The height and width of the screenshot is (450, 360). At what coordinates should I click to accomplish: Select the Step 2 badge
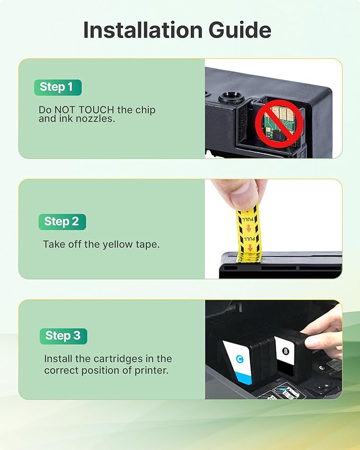point(62,222)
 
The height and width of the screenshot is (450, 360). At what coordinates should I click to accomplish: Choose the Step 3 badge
point(63,336)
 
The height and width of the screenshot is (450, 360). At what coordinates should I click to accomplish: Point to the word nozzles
point(98,119)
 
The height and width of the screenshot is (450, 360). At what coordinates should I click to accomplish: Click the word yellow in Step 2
point(108,244)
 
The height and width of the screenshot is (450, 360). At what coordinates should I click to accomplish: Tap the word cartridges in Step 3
point(122,359)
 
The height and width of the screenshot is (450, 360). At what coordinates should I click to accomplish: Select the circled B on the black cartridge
point(285,350)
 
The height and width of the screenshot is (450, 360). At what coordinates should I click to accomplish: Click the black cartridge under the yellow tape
point(281,266)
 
